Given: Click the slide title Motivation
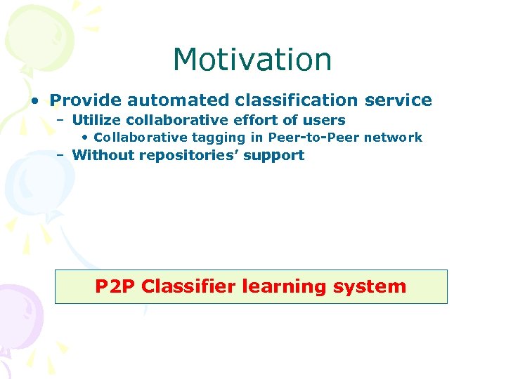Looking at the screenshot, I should [252, 60].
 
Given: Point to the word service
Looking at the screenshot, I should [398, 100].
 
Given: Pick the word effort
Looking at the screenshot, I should [252, 120].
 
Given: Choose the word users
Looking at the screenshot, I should [323, 120].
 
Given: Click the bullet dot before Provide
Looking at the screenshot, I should [35, 100].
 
